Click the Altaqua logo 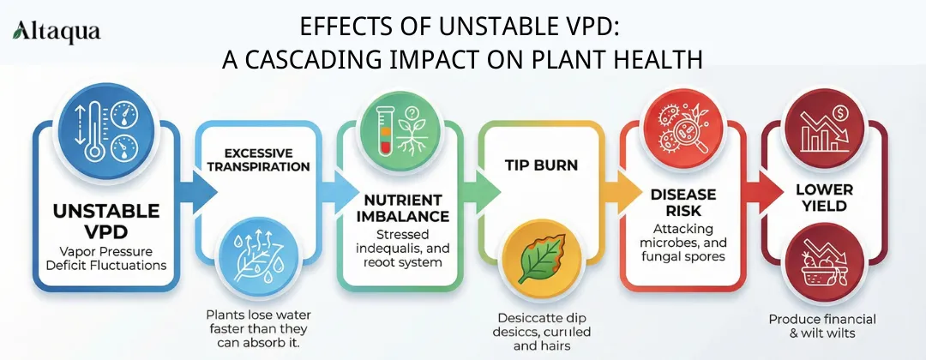(x=57, y=33)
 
